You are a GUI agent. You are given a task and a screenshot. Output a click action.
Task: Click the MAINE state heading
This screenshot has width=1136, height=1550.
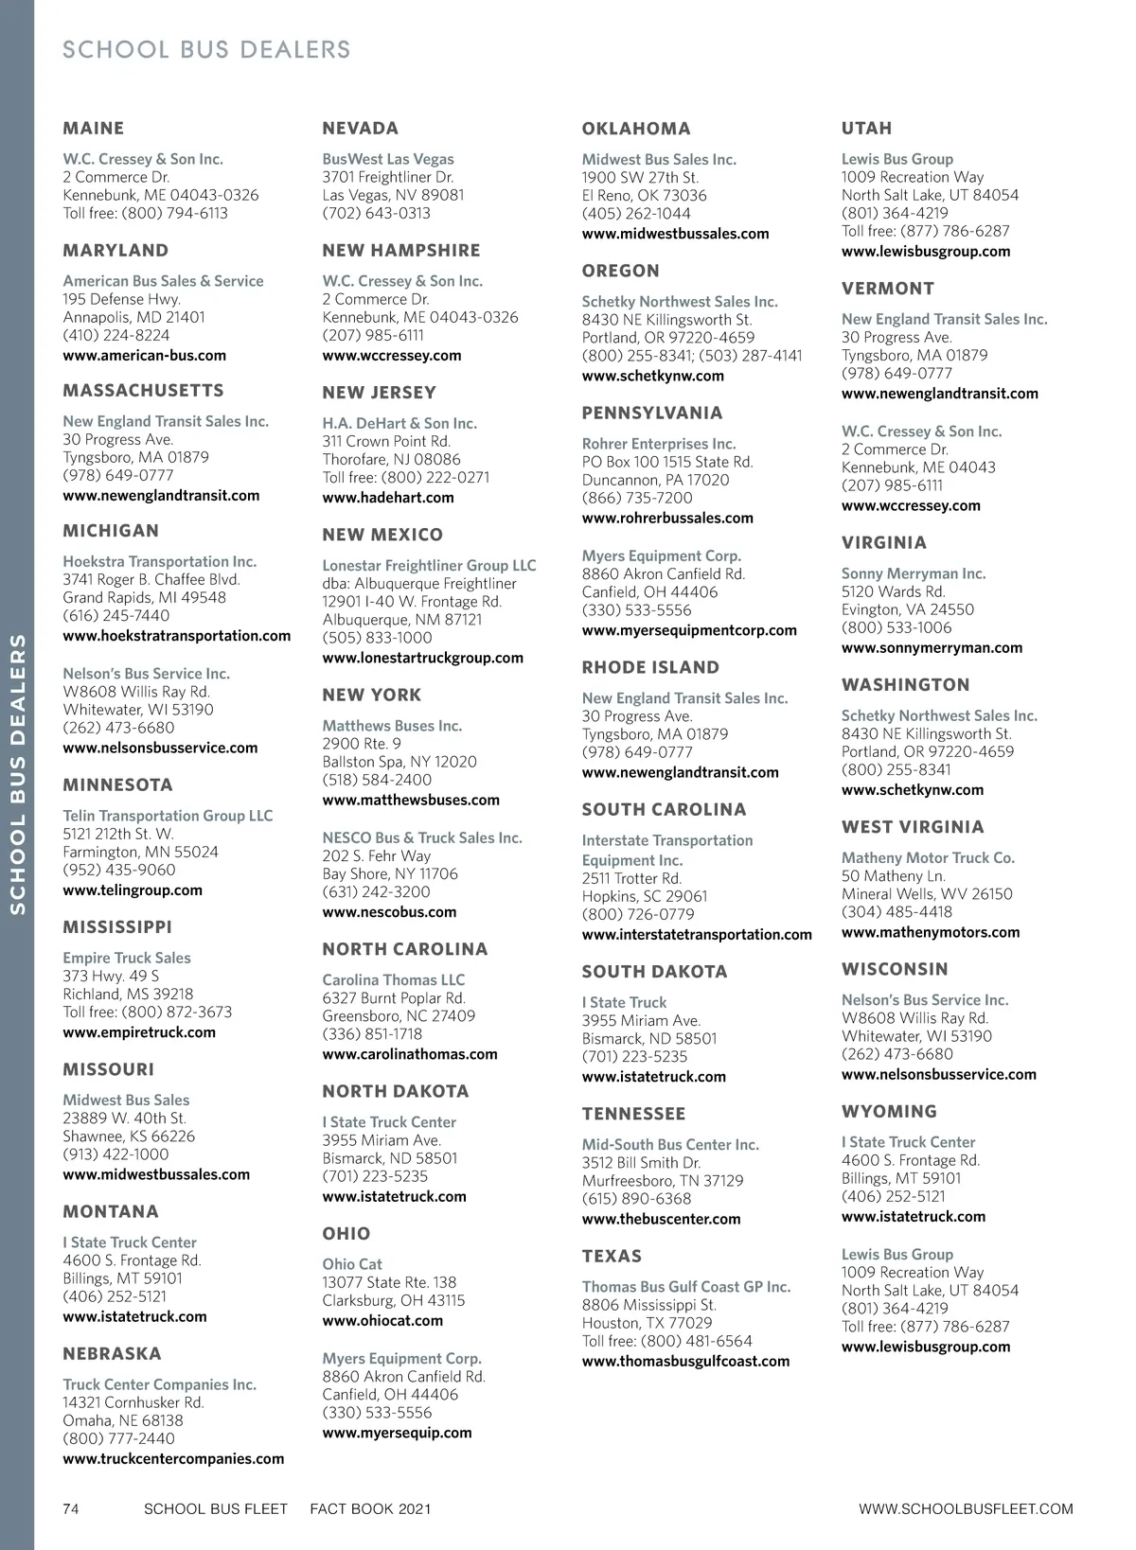coord(93,129)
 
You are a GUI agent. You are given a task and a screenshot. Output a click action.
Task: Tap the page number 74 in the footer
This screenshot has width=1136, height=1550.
coord(71,1508)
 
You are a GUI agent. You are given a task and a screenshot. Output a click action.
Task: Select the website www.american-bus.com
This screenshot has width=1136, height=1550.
coord(144,356)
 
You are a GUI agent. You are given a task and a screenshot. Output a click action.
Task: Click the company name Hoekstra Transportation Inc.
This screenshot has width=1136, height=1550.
coord(159,562)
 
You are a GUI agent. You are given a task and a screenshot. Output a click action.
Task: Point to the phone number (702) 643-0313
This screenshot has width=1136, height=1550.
coord(376,214)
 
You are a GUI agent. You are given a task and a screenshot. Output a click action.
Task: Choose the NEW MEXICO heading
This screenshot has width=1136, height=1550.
coord(382,535)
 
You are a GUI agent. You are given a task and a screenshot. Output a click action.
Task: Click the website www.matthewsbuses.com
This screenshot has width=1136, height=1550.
coord(410,801)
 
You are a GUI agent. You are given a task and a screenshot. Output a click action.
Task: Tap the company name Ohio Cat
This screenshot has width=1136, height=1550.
coord(351,1264)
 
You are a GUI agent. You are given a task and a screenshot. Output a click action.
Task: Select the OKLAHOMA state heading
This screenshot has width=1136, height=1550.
coord(635,129)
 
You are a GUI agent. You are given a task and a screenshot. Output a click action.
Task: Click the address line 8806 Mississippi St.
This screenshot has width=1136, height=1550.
coord(648,1305)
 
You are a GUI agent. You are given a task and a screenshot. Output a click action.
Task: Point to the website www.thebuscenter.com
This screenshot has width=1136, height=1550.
coord(661,1220)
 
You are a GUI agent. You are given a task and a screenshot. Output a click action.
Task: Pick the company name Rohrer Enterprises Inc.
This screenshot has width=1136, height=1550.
coord(658,444)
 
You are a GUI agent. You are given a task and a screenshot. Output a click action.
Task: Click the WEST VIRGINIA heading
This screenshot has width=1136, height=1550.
coord(912,827)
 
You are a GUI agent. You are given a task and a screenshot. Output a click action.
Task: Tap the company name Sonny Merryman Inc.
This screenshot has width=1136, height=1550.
coord(913,574)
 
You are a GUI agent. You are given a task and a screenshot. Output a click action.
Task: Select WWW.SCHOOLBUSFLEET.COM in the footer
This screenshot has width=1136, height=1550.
coord(966,1508)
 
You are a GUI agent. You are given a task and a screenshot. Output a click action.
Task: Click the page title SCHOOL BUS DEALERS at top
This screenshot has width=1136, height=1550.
coord(205,49)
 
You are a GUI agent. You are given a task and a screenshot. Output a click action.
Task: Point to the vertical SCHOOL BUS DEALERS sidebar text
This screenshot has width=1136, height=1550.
coord(17,773)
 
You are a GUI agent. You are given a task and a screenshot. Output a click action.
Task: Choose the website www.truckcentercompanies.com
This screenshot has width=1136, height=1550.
coord(173,1459)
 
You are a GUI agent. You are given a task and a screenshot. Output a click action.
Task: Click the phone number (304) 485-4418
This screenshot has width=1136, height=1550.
coord(896,912)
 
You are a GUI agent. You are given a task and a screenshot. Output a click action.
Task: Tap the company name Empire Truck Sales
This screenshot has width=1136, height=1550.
coord(126,959)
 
